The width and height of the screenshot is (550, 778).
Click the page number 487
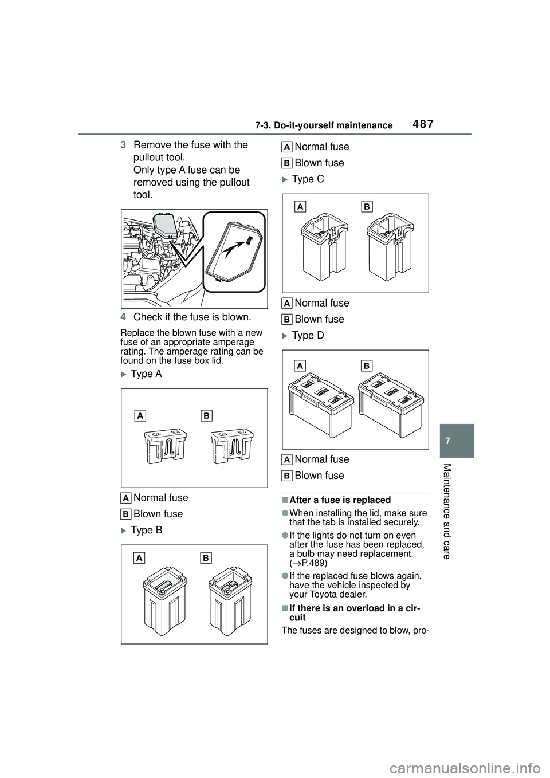[x=421, y=124]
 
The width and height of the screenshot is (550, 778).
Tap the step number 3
[x=123, y=145]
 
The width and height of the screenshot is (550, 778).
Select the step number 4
[x=123, y=317]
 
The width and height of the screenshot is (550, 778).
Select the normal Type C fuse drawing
[x=325, y=247]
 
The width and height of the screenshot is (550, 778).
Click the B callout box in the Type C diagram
[x=367, y=207]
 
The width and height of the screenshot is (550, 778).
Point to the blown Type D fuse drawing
[x=391, y=405]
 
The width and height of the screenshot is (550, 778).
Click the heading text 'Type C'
[x=308, y=179]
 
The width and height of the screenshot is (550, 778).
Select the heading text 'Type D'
[x=308, y=336]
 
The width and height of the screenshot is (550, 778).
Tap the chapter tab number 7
[x=447, y=441]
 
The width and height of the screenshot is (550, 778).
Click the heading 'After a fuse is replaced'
[x=340, y=500]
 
